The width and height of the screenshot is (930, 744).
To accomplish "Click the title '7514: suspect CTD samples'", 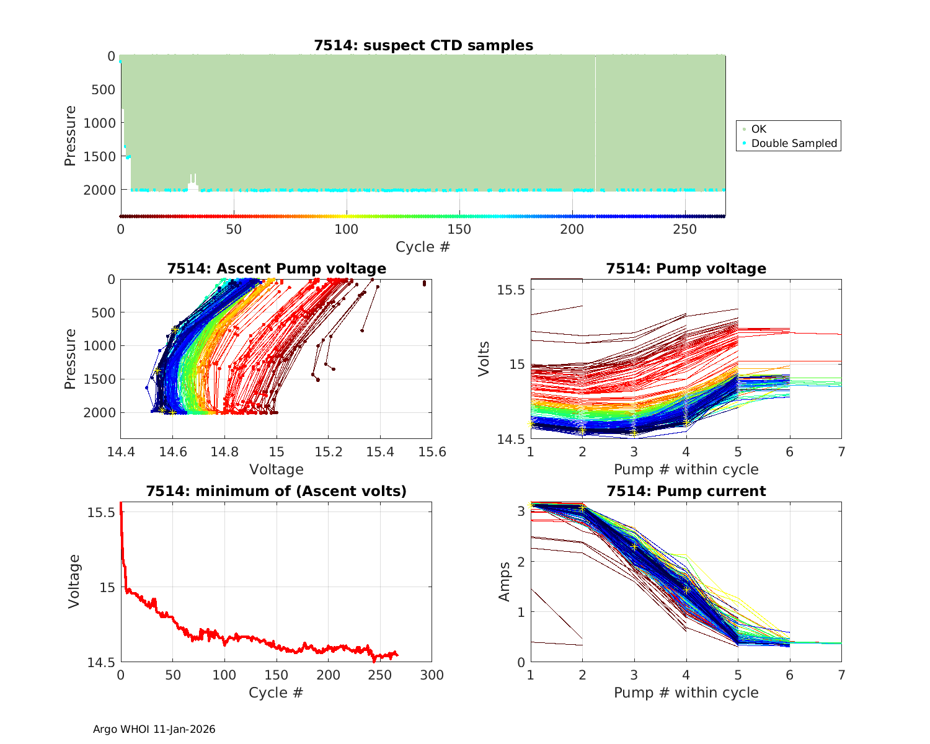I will click(423, 45).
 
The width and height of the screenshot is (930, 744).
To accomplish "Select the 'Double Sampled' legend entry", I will click(794, 143).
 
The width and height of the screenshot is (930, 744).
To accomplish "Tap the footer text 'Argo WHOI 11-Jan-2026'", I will click(154, 729).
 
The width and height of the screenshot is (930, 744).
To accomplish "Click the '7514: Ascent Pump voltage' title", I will click(277, 268).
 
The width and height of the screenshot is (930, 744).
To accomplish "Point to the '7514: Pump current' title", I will click(686, 491).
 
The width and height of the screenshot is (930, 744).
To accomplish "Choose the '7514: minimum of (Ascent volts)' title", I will click(277, 491).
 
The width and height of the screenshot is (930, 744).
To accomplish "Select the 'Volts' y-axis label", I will click(484, 358).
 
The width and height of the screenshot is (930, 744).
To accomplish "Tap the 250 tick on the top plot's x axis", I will click(685, 229).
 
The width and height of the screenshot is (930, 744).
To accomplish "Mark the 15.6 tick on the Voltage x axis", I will click(432, 452).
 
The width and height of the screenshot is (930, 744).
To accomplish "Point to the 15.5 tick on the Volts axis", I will click(512, 290).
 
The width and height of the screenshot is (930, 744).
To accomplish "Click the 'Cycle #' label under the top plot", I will click(423, 247).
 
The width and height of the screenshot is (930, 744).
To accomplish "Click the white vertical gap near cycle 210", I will click(596, 124).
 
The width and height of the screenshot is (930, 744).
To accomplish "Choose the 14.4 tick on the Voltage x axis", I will click(121, 452).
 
